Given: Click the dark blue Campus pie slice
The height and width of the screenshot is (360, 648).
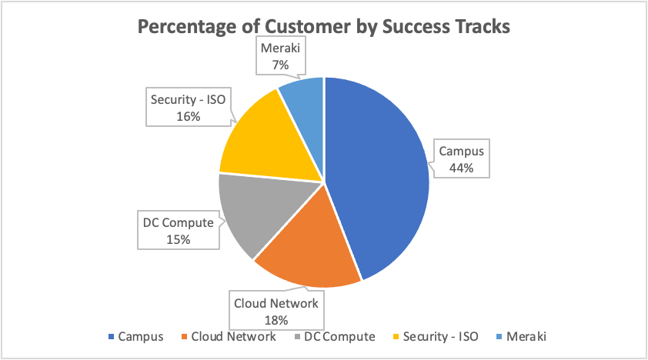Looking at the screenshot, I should coord(377,177).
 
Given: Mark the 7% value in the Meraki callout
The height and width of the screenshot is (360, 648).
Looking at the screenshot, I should coord(280,65).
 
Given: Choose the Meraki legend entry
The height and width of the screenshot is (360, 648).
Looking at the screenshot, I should coord(526,336).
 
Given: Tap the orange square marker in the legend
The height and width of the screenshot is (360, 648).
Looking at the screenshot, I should coord(185,337).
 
